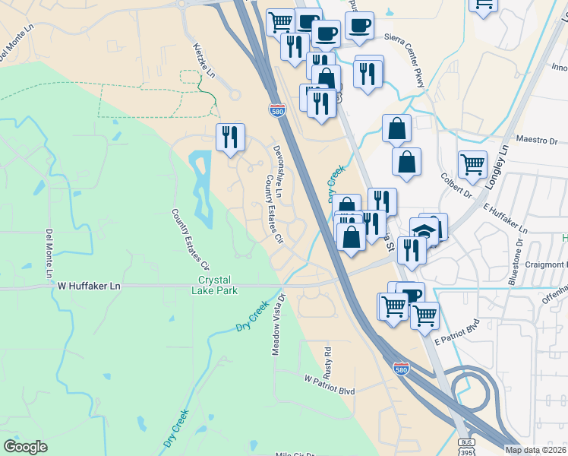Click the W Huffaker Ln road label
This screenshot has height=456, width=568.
click(x=90, y=286)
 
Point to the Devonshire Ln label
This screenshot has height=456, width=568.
click(x=278, y=172)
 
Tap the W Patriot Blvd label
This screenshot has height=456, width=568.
click(x=330, y=378)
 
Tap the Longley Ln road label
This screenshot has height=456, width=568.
click(x=497, y=166)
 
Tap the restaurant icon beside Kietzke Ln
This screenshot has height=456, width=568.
click(x=230, y=137)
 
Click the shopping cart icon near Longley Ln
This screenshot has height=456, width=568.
click(x=472, y=163)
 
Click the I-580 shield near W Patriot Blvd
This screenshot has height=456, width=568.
click(x=402, y=368)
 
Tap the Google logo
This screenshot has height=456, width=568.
click(x=25, y=446)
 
